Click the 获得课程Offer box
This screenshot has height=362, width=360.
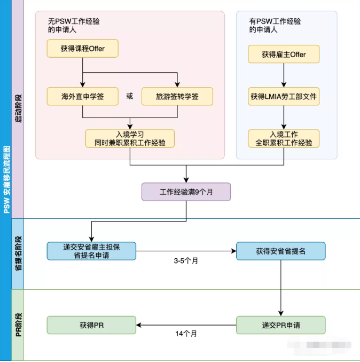click(x=82, y=49)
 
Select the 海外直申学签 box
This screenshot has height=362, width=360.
click(x=82, y=97)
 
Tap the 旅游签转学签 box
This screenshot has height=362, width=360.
click(x=177, y=97)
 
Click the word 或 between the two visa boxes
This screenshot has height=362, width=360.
click(x=129, y=97)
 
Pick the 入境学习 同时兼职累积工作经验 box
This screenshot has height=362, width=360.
click(x=130, y=138)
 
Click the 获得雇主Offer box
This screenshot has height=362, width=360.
click(x=284, y=54)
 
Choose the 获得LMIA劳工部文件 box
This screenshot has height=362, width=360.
click(x=284, y=97)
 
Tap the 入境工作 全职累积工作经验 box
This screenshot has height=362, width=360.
click(x=284, y=138)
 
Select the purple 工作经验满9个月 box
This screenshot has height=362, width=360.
click(x=186, y=191)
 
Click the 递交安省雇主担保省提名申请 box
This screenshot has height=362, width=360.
click(x=91, y=251)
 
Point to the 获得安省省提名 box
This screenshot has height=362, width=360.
click(x=280, y=251)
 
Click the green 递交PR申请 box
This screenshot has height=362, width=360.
click(x=280, y=325)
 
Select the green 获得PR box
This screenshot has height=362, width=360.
click(x=91, y=325)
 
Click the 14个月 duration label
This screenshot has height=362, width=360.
click(x=186, y=334)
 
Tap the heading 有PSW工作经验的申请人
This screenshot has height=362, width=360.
click(x=275, y=26)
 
